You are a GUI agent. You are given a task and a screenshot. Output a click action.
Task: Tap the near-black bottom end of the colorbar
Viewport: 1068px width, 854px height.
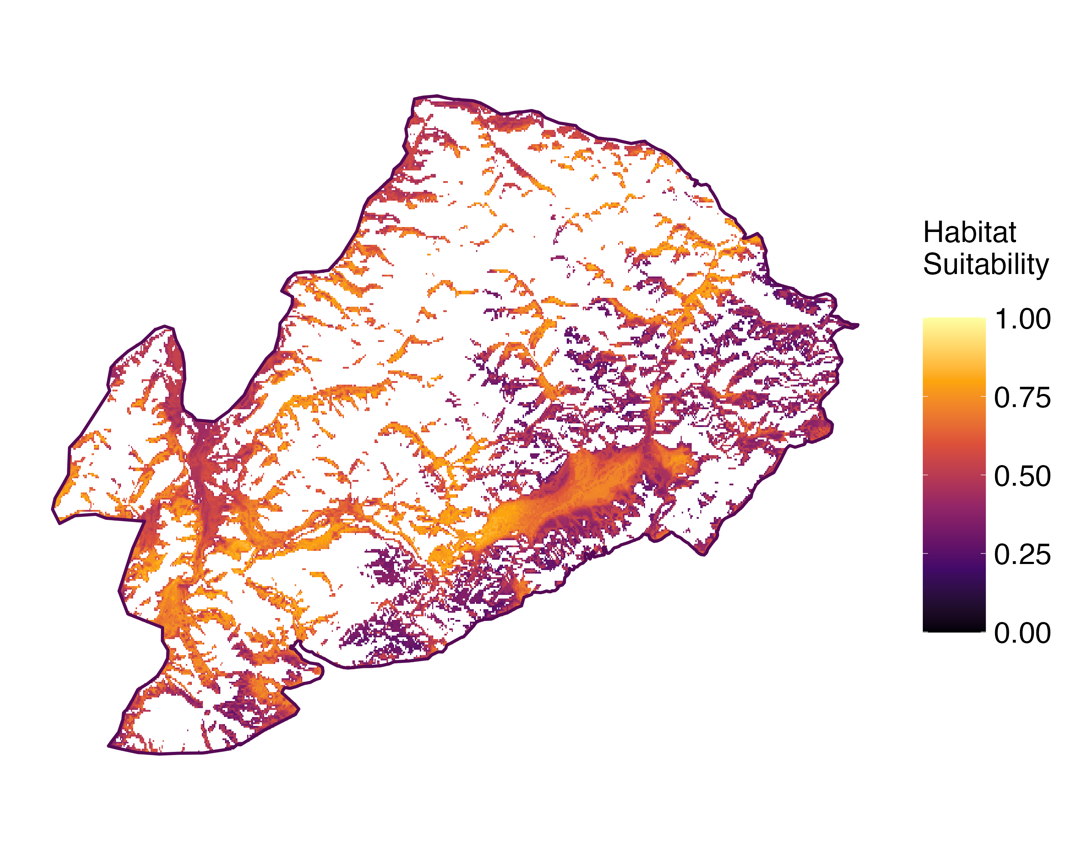[954, 629]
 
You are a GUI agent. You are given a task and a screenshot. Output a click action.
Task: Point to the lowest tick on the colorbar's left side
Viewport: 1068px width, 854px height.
[925, 632]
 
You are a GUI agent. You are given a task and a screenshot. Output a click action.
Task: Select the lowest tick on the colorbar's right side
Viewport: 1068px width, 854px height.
[983, 632]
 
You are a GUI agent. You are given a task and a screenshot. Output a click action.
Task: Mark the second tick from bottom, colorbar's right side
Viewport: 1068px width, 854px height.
[983, 553]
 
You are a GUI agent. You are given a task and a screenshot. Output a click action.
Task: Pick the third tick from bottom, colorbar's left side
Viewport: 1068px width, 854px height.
[925, 475]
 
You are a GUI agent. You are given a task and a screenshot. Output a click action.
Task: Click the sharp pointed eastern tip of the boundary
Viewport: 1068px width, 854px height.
[858, 325]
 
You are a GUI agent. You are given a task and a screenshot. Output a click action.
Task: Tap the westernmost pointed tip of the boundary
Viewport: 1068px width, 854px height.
[52, 508]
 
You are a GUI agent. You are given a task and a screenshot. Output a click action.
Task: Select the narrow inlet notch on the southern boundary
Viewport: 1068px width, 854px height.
[299, 643]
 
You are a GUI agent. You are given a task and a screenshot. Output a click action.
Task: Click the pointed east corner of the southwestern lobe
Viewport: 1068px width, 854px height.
[299, 711]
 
